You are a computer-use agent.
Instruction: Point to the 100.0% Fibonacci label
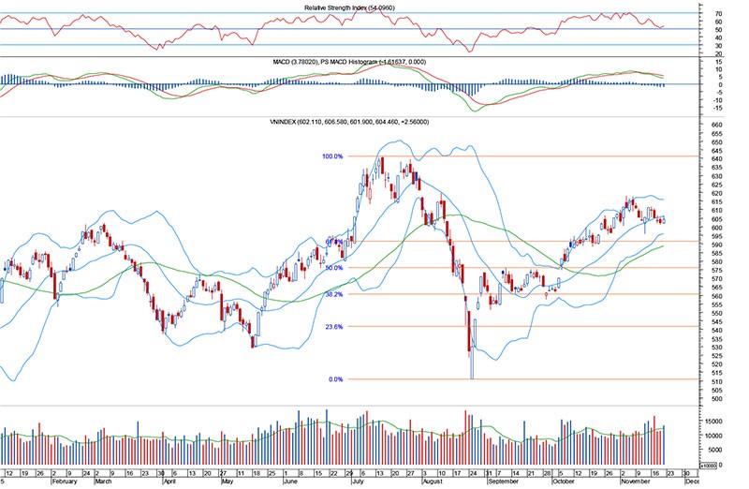[x=333, y=156]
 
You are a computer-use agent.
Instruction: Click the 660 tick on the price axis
[x=717, y=126]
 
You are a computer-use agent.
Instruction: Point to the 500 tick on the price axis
[x=717, y=399]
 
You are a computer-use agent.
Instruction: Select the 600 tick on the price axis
[x=717, y=228]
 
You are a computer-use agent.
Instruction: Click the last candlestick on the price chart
[x=664, y=221]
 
